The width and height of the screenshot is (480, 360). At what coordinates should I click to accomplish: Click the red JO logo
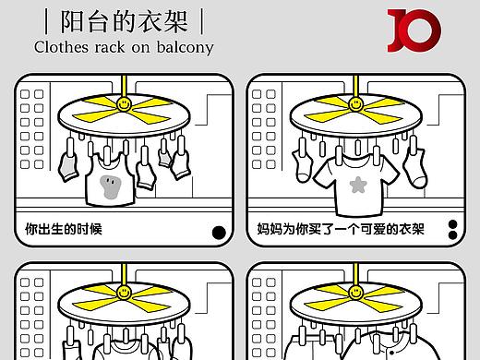414,30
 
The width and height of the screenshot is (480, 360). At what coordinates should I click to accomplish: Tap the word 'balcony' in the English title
185,48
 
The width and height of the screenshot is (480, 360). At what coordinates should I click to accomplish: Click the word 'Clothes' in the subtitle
61,47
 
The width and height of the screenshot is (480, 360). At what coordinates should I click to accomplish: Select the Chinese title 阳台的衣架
124,21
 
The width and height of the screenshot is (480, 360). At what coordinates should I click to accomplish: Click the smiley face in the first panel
124,104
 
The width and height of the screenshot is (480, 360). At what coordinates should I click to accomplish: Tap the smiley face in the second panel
356,104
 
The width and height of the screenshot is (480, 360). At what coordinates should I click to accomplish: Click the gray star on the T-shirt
358,185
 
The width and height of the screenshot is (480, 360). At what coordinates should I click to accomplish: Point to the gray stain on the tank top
110,186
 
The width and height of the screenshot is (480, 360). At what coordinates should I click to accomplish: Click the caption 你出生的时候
64,229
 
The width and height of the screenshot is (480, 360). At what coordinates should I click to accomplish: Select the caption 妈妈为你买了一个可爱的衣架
341,229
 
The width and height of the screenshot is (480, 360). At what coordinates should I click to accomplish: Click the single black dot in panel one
219,233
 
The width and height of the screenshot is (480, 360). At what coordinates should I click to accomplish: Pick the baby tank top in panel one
110,180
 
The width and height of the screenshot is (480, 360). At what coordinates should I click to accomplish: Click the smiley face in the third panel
124,293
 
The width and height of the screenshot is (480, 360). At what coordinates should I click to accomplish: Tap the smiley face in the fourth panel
356,293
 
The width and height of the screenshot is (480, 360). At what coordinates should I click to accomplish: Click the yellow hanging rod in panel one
124,86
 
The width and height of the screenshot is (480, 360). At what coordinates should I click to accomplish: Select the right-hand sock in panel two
415,168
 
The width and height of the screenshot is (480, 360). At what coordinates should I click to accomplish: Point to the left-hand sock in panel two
303,166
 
